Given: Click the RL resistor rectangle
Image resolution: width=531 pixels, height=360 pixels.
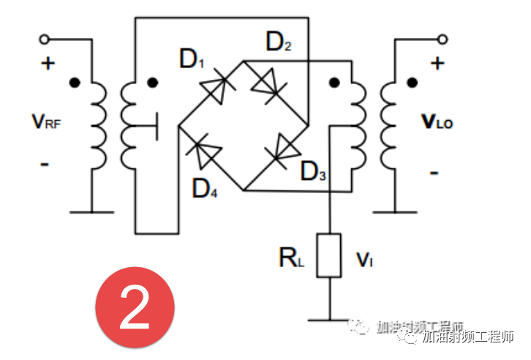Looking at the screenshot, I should [328, 255].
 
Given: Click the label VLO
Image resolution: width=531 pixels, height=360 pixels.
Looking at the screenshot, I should [437, 121].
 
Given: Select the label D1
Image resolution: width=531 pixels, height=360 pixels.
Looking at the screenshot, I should [192, 60].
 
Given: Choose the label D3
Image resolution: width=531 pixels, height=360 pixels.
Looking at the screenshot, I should [313, 173].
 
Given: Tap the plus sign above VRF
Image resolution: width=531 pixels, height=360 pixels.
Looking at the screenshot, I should [48, 64].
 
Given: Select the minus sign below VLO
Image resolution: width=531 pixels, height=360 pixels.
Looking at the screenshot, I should [434, 173].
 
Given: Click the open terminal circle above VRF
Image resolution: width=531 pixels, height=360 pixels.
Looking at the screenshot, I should [46, 39].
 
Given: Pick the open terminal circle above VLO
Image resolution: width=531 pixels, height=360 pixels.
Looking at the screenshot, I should [442, 39].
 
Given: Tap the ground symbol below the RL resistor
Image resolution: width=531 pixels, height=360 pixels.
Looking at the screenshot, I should [328, 319].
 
